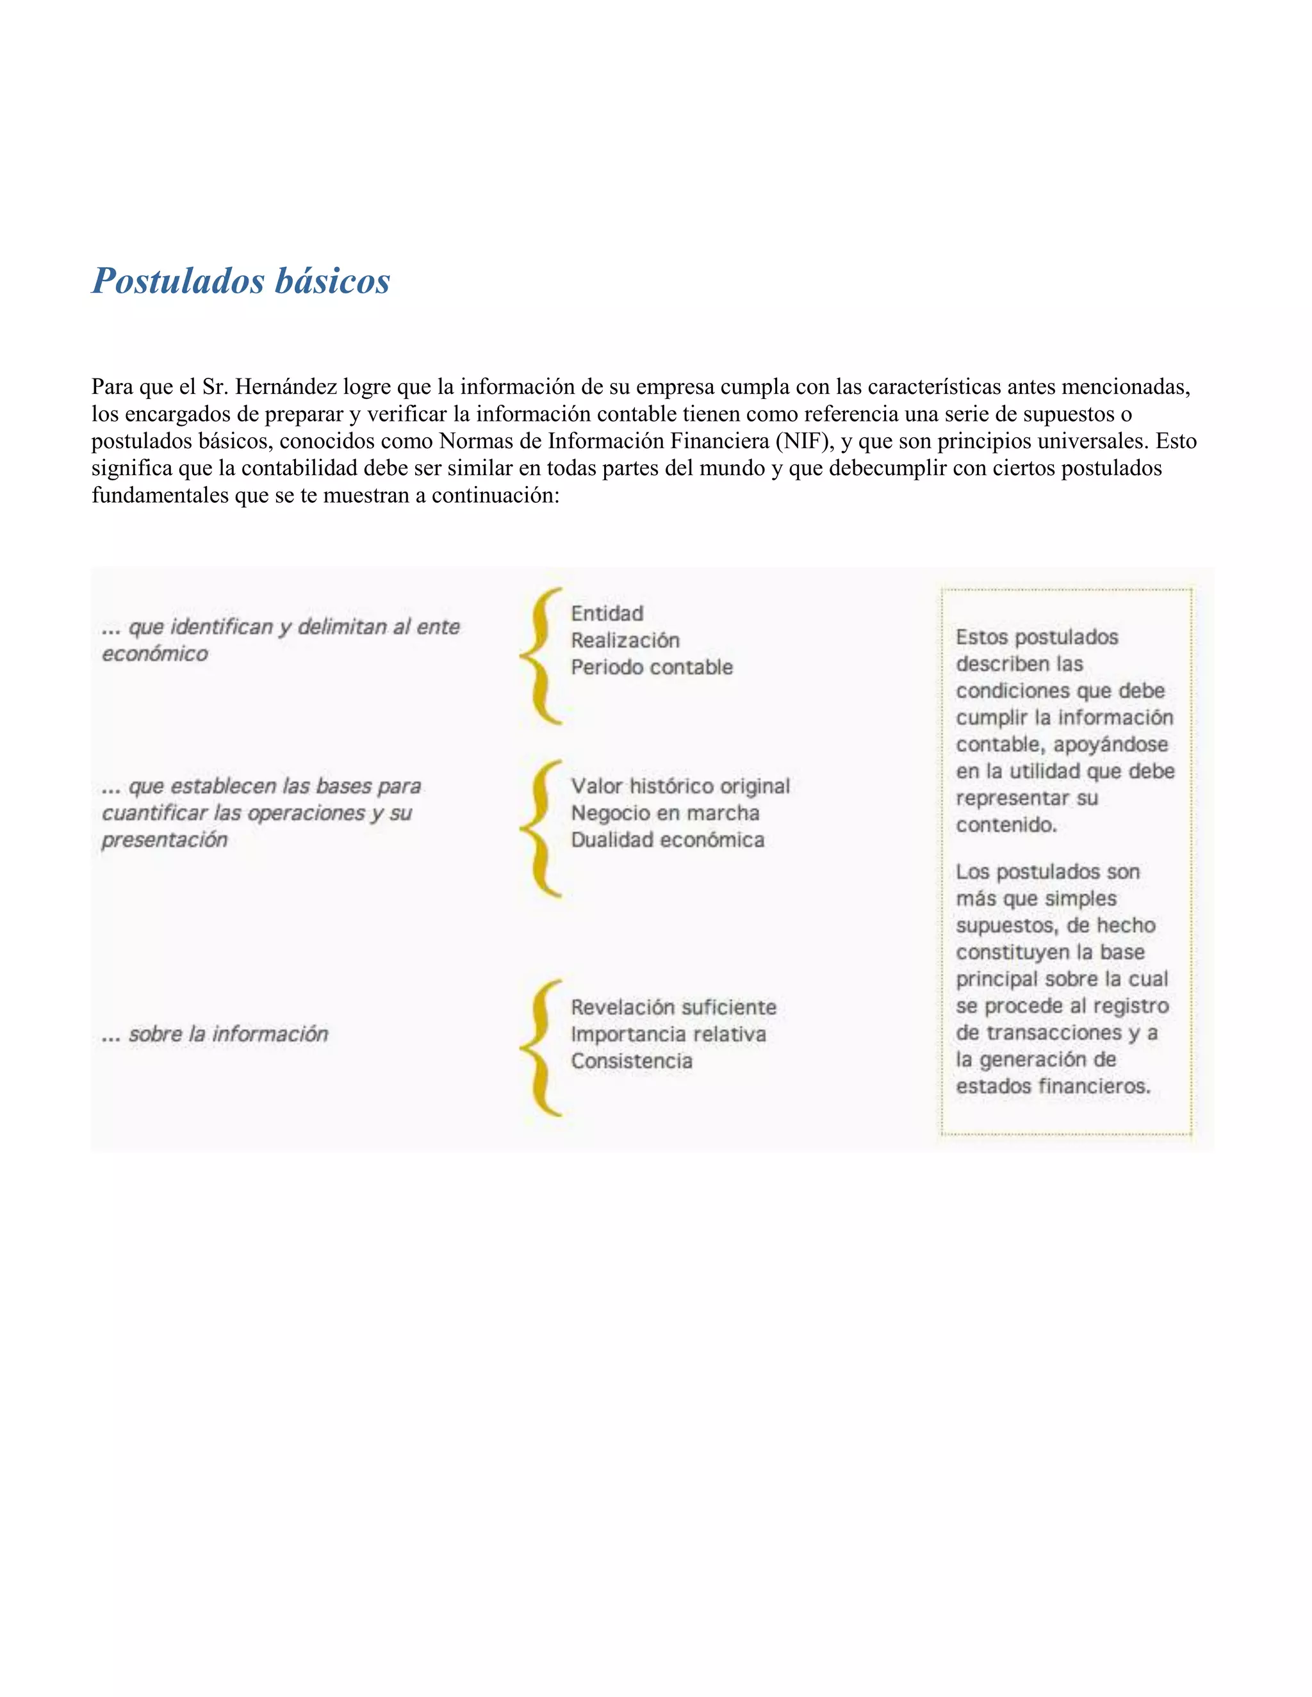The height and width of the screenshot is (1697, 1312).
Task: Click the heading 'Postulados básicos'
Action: [x=241, y=281]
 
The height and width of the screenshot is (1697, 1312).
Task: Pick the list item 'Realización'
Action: [x=625, y=640]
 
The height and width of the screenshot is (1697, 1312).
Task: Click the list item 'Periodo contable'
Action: [x=652, y=667]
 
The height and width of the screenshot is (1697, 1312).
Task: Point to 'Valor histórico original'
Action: [x=680, y=786]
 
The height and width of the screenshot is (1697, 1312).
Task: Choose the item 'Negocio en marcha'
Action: [x=666, y=813]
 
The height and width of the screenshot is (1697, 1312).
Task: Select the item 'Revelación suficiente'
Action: [x=673, y=1007]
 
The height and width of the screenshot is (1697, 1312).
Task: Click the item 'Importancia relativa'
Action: [x=668, y=1034]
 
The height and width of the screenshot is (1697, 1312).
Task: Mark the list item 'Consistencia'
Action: [x=631, y=1060]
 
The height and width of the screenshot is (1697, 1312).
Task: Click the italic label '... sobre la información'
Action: [x=215, y=1034]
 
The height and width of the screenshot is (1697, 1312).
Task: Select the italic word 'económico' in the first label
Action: [x=156, y=653]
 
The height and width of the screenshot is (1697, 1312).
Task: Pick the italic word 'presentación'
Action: [x=165, y=840]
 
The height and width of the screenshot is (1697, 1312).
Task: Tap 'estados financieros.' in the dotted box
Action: [x=1053, y=1085]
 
